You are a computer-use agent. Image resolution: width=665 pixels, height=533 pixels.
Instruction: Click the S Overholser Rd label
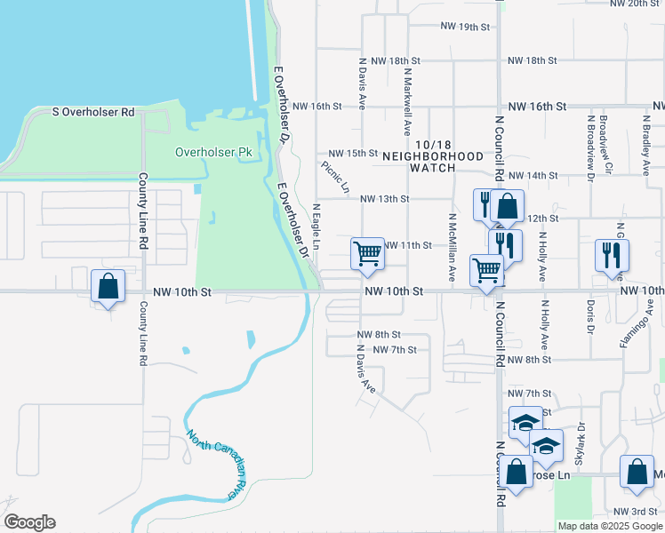pos(93,112)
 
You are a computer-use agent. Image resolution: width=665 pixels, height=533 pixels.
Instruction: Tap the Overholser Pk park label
pos(213,152)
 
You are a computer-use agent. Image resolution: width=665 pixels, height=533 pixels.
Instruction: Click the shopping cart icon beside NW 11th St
pos(367,254)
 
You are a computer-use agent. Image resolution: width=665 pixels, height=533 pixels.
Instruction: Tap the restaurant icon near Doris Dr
pos(613,255)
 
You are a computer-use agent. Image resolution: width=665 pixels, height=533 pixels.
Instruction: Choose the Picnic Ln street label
pos(335,176)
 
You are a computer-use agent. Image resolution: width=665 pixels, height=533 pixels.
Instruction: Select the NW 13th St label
pos(384,199)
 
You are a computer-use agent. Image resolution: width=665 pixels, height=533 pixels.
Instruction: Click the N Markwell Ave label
pos(407,92)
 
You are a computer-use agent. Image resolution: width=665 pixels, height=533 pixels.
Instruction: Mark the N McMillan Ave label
pos(452,248)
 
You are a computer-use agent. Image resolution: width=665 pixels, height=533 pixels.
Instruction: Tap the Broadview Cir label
pos(605,142)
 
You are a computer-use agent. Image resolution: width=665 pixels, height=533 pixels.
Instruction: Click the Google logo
pos(29,522)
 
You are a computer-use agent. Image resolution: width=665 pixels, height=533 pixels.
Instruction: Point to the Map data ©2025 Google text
pos(609,526)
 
